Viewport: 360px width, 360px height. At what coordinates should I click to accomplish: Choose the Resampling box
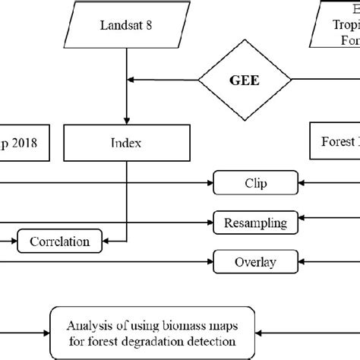click(x=255, y=223)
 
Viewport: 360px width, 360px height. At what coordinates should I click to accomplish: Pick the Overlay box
click(x=254, y=263)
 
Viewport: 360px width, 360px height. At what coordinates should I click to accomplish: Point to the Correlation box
click(x=58, y=242)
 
